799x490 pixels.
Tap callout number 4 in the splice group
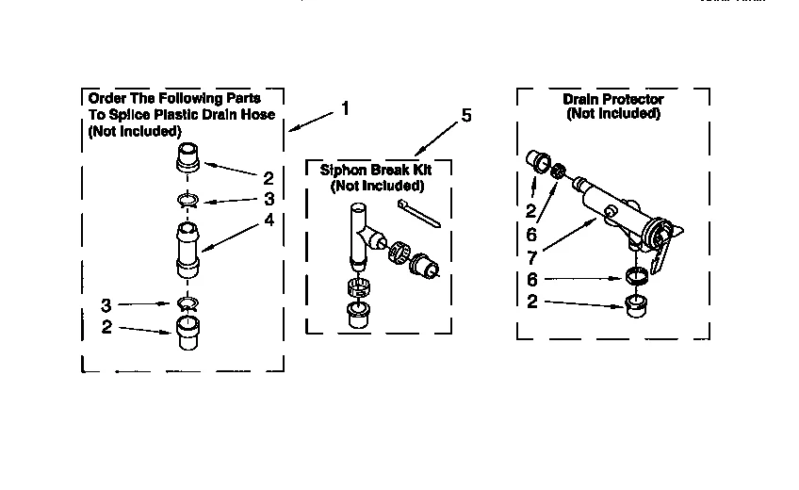[269, 221]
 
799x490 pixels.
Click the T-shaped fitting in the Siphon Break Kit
[361, 237]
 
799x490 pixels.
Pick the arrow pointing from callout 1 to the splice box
[311, 121]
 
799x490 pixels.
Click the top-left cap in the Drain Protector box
[539, 160]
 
